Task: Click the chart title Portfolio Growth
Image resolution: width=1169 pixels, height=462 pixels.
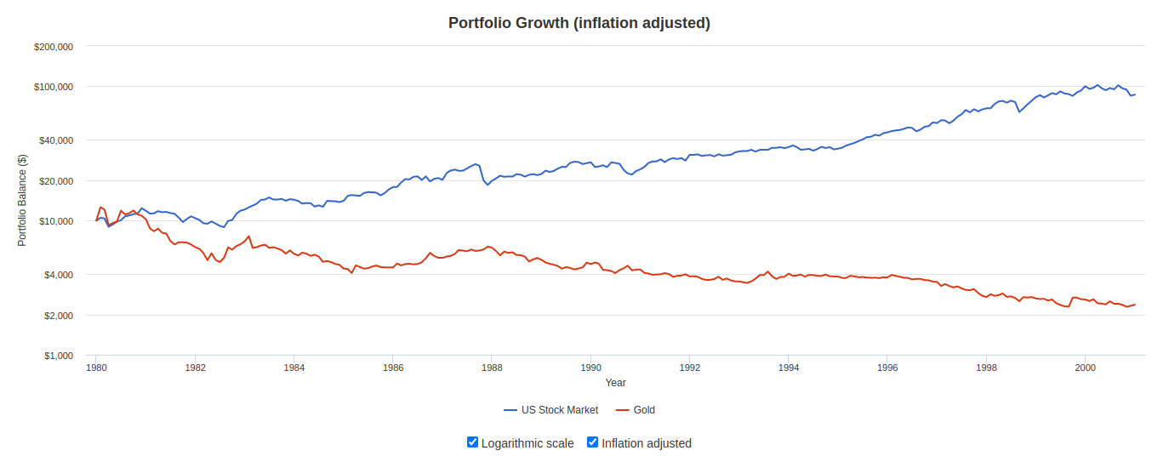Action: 579,23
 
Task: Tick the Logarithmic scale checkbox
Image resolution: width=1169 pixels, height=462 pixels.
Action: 473,442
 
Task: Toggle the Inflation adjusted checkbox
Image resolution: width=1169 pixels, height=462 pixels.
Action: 593,442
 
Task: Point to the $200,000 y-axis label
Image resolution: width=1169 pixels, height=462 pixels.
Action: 54,47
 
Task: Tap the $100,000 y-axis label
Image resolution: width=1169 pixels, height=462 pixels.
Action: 54,87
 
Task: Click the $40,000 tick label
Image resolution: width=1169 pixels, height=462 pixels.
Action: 56,140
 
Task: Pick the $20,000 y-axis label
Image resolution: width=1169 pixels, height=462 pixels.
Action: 56,181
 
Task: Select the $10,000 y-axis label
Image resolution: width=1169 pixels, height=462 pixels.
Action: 56,221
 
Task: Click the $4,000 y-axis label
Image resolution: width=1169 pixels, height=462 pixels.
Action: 59,275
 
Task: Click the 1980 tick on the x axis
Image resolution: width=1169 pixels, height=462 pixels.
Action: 96,368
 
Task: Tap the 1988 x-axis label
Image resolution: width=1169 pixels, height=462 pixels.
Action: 492,368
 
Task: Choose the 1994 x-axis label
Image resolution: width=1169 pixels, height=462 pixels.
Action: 789,368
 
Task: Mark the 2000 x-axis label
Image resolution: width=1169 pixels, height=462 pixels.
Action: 1085,368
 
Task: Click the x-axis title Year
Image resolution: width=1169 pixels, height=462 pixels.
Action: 615,383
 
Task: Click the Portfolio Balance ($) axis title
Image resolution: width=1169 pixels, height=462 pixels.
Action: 23,201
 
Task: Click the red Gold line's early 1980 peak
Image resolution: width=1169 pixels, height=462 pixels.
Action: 100,207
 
